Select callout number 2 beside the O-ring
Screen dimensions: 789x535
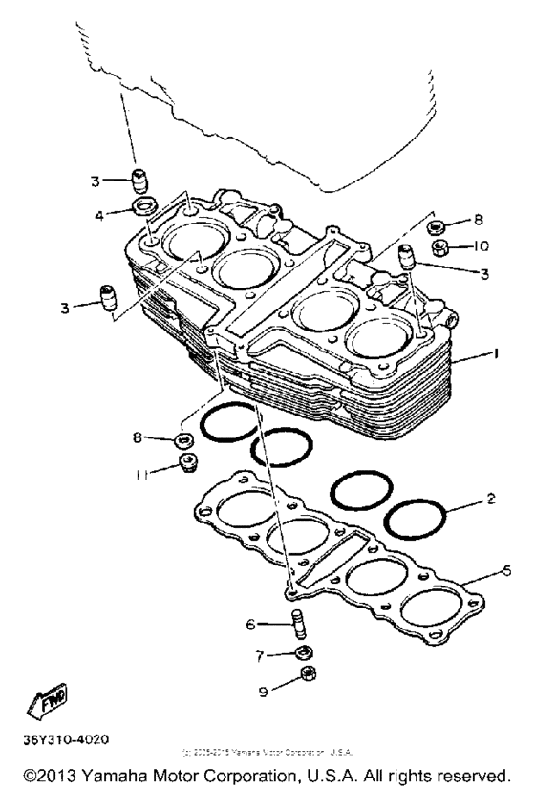[x=490, y=500]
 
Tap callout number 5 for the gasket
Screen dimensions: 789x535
[x=506, y=570]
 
